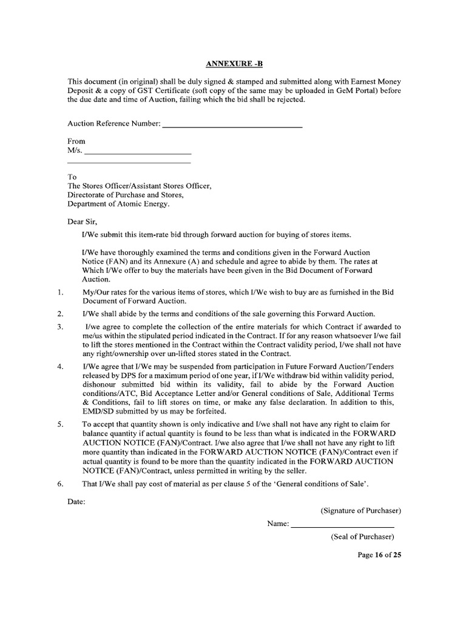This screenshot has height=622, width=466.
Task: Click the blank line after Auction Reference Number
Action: pos(232,126)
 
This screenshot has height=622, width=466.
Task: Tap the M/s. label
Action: pos(74,150)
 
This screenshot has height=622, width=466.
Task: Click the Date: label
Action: pos(76,502)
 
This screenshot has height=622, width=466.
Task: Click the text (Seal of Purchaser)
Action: pos(362,537)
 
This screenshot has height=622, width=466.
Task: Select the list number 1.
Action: pos(60,292)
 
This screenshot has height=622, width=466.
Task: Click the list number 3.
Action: pos(60,327)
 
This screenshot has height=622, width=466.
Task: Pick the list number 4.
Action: pos(60,367)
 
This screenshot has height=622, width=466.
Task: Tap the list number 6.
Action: pos(60,484)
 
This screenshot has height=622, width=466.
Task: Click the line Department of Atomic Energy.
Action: pos(119,204)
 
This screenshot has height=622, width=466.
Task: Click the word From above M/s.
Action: pos(76,140)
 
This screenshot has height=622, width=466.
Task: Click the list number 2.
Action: pos(60,314)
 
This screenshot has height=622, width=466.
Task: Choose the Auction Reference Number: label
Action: pos(113,124)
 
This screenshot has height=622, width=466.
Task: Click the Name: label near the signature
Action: pos(277,524)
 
